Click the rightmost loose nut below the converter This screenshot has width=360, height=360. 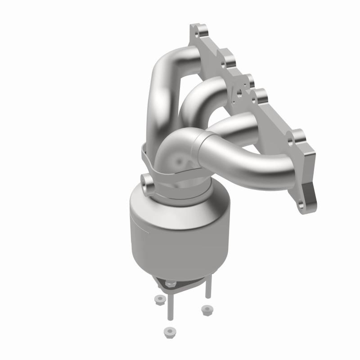click(x=206, y=309)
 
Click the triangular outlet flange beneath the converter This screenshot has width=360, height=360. click(x=180, y=283)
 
